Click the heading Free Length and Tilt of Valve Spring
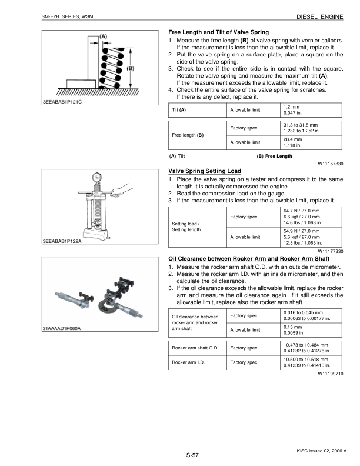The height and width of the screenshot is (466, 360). pos(218,32)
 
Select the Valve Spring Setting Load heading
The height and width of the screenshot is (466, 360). pos(205,171)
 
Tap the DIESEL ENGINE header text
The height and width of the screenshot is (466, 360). pos(323,17)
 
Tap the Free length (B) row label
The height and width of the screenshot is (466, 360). pos(188,135)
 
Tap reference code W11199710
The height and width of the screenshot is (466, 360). pos(331,374)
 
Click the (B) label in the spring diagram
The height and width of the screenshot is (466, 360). pos(131,68)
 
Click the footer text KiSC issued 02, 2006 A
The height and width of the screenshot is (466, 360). pos(322,450)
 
